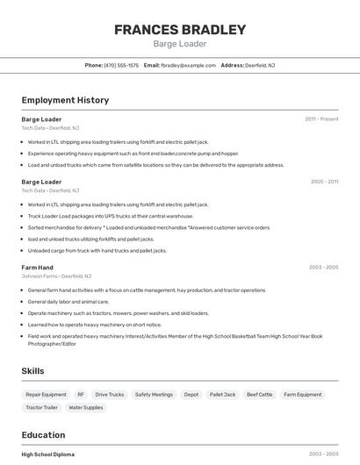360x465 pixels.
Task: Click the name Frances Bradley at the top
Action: (x=180, y=29)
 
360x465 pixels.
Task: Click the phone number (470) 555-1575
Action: (x=121, y=65)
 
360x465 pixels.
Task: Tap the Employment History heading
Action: (x=65, y=100)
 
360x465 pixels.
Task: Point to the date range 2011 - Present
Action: (x=321, y=118)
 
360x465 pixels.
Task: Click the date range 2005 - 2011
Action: (x=324, y=182)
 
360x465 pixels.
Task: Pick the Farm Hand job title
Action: (x=37, y=267)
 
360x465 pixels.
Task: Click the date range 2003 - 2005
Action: (x=323, y=267)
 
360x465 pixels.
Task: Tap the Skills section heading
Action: (x=32, y=371)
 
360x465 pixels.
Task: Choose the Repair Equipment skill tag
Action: (x=46, y=395)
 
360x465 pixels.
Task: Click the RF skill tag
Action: (x=81, y=395)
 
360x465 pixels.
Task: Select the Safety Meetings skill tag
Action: (x=154, y=395)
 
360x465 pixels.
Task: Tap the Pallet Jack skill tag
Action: (x=222, y=395)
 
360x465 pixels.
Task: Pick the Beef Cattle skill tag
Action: (x=259, y=395)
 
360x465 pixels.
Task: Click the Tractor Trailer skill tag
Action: (x=41, y=407)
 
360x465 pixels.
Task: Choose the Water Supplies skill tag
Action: (x=86, y=407)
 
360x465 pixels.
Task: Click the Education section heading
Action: (x=43, y=434)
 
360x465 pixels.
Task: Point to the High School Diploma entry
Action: (x=47, y=454)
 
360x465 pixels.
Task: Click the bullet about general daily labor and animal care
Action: (x=74, y=301)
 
